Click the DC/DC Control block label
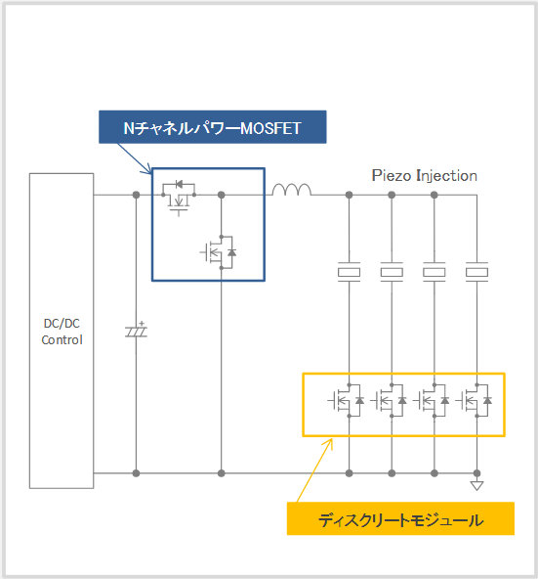[62, 332]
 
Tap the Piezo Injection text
[424, 175]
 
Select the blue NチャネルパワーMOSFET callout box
[213, 127]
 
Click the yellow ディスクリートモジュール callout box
[400, 518]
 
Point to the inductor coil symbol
[292, 190]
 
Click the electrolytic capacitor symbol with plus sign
[136, 331]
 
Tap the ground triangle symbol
[476, 485]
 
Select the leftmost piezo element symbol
[349, 272]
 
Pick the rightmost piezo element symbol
[476, 272]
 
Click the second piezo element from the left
[392, 272]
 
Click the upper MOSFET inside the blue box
[179, 198]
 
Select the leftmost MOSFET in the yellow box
[347, 400]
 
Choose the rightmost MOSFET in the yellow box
[475, 400]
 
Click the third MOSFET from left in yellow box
[432, 400]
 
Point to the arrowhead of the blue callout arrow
[149, 170]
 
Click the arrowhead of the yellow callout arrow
[330, 442]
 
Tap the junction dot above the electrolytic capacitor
[136, 195]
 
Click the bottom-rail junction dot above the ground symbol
[476, 473]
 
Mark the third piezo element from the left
[435, 272]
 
